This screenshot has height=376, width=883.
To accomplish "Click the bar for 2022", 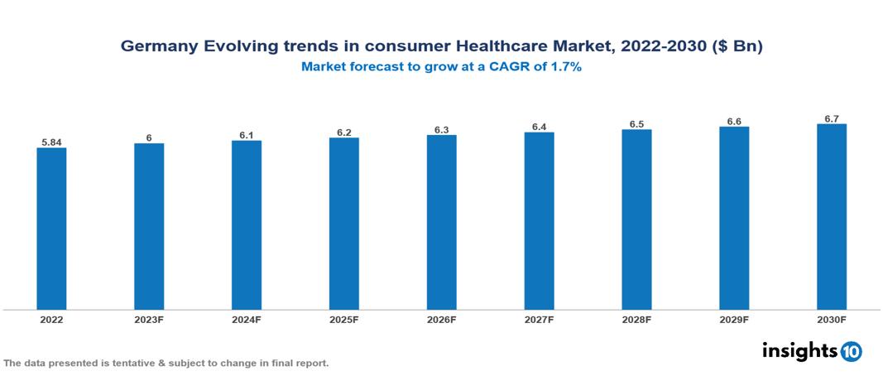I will tap(51, 229).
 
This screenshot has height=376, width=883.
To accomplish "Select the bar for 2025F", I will tap(343, 224).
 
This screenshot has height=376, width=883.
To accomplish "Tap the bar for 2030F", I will tap(831, 217).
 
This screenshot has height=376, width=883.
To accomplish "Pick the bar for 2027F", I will tap(539, 221).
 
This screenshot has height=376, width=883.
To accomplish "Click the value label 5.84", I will tap(51, 142).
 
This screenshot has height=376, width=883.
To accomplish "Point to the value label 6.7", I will tap(831, 119).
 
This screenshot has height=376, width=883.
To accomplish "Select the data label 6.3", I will tap(441, 130).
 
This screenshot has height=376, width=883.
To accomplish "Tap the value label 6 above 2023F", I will tap(149, 138).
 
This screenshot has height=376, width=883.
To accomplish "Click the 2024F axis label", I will tap(247, 319).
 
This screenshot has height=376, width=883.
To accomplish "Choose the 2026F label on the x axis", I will tap(441, 319).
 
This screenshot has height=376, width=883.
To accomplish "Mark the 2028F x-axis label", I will tap(636, 319).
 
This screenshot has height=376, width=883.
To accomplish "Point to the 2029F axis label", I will tap(734, 319).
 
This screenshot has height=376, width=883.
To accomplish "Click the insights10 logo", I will tap(812, 351).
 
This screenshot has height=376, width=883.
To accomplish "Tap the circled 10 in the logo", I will tap(851, 352).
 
